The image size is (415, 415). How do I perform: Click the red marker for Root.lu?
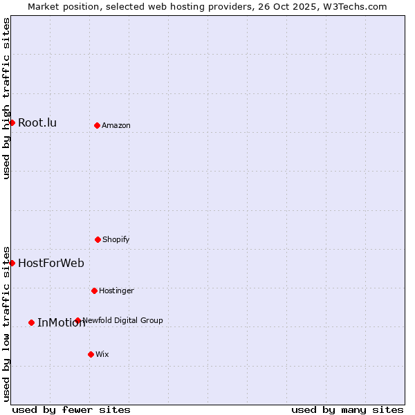12,122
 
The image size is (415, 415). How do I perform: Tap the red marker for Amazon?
97,125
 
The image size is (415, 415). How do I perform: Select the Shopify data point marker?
98,239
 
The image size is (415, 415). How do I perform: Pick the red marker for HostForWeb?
12,263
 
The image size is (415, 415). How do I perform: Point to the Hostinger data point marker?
94,290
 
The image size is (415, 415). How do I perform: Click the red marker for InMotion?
31,322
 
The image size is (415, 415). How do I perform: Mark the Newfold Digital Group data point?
77,320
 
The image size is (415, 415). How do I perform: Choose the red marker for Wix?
91,354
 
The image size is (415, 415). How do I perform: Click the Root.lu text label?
37,123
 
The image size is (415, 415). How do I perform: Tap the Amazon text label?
116,125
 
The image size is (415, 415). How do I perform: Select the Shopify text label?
116,239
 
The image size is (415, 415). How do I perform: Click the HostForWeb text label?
51,263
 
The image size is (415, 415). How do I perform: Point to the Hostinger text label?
116,290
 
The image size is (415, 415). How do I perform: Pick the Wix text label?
102,354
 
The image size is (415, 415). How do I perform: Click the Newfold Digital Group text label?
122,320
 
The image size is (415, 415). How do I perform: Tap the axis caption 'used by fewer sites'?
71,409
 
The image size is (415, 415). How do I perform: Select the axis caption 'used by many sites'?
347,409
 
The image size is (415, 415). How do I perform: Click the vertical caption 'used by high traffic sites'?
6,98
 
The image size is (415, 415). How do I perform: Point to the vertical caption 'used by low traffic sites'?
6,324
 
